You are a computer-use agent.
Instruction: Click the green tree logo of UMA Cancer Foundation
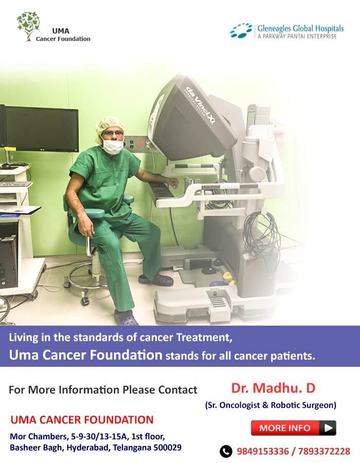coord(28,26)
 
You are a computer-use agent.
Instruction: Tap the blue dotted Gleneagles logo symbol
coord(241,31)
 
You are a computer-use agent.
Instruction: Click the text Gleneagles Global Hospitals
coord(300,28)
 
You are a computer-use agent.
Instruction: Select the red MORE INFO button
coord(293,428)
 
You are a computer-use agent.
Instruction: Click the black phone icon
coord(226,451)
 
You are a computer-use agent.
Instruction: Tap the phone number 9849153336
coord(263,451)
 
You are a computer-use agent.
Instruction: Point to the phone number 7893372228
coord(324,451)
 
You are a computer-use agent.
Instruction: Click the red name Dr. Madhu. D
coord(273,388)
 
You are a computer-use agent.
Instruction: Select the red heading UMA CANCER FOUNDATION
coord(82,420)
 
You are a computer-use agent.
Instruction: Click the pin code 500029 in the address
coord(168,448)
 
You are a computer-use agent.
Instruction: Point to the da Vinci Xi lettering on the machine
coord(200,104)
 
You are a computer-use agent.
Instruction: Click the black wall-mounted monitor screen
coord(42,129)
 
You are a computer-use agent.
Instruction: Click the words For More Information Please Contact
coord(103,390)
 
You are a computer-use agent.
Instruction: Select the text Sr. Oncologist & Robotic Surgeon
coord(271,405)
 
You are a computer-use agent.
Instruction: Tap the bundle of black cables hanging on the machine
coord(260,236)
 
